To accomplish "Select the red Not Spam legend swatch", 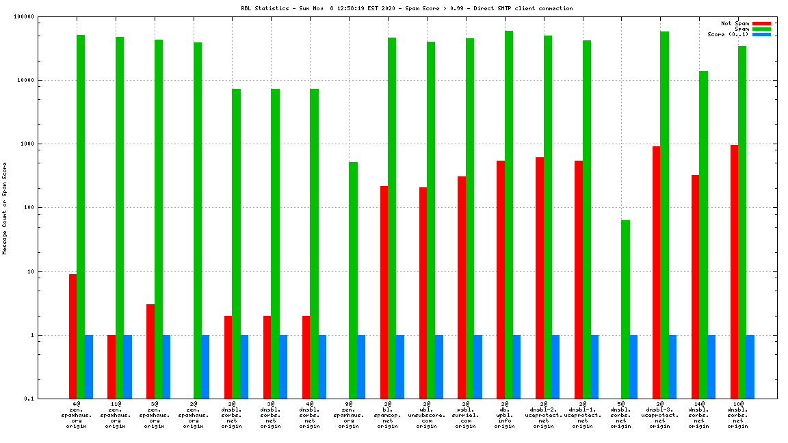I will pos(761,23).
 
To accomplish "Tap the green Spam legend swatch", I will pos(761,29).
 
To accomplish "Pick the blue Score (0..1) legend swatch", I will pos(761,34).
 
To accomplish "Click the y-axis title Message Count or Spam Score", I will pos(5,208).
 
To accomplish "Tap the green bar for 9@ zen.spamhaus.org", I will pos(353,280).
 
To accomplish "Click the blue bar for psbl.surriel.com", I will pos(477,366).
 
